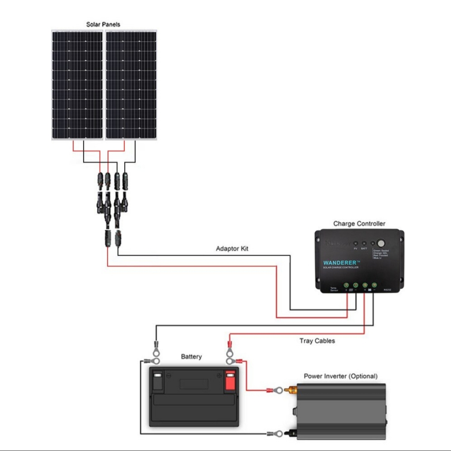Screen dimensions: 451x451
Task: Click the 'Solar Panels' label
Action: click(x=103, y=24)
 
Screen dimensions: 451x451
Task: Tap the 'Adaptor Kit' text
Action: click(x=232, y=249)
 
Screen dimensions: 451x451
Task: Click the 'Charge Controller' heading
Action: click(x=359, y=224)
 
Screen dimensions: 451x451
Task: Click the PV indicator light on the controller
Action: click(x=356, y=243)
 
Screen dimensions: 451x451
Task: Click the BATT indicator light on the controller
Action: click(x=364, y=243)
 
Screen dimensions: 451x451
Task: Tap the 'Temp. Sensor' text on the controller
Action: click(x=333, y=289)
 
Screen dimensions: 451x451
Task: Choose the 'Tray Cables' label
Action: click(x=317, y=341)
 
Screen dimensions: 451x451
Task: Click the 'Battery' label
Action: click(x=191, y=357)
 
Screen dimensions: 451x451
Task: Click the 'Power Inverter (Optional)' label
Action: click(x=340, y=376)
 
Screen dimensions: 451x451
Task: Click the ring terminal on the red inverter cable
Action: click(x=276, y=392)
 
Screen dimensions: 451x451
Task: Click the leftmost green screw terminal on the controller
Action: click(x=346, y=285)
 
